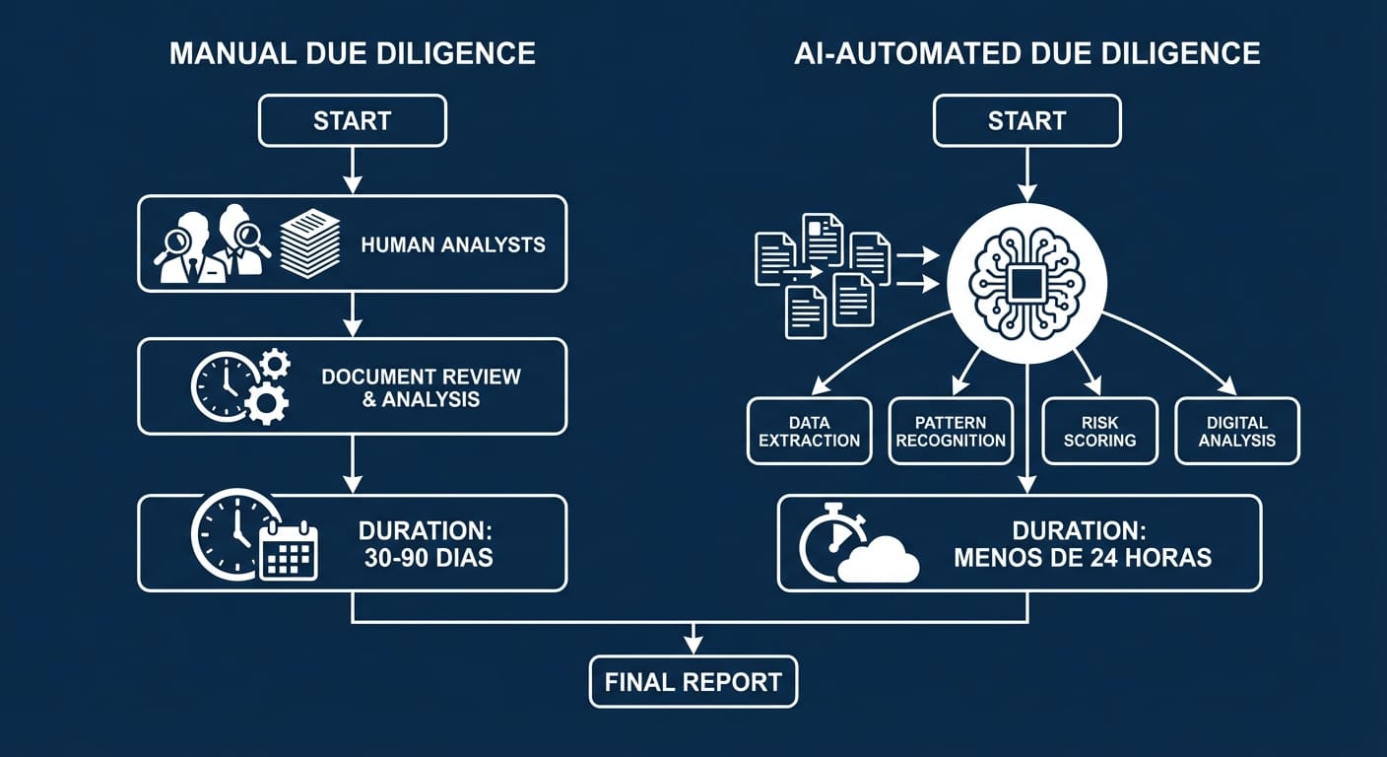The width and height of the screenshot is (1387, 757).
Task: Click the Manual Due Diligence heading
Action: point(352,53)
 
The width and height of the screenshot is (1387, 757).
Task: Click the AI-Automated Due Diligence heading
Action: point(1026,53)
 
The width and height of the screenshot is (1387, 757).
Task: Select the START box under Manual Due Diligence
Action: point(352,121)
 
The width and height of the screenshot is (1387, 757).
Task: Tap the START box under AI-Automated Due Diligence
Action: point(1026,121)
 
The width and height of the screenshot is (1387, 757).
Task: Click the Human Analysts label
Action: point(452,244)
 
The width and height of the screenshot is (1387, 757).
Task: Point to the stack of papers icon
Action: point(309,242)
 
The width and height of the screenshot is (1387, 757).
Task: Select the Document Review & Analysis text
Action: point(421,387)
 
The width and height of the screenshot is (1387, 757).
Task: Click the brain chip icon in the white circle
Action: point(1026,283)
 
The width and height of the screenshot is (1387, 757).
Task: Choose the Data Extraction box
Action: point(809,431)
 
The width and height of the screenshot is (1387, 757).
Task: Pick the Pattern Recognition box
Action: point(951,431)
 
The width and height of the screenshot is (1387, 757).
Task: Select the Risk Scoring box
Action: point(1098,431)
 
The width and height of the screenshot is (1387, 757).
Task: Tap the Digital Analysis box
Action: point(1237,431)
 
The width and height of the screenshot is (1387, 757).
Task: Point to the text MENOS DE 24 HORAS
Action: point(1082,557)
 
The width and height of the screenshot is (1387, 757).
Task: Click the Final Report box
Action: point(693,681)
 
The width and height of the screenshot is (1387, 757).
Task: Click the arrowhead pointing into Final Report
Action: point(693,645)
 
